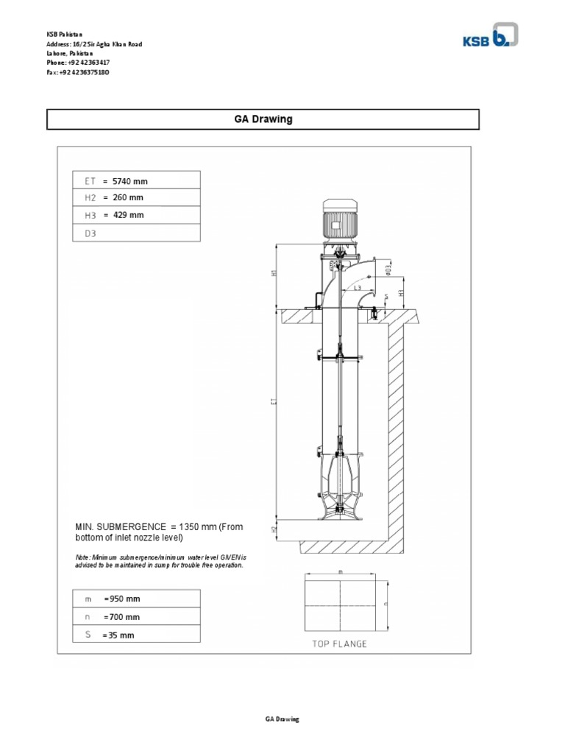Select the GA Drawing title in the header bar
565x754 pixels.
click(263, 119)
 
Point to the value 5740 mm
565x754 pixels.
click(135, 180)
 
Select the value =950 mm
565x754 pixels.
click(122, 599)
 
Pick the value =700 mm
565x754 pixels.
click(122, 617)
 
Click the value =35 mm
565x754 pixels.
click(118, 635)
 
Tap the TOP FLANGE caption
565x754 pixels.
click(339, 644)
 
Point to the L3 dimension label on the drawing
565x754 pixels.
click(357, 288)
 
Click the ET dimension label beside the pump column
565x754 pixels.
click(273, 404)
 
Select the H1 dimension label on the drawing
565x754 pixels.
click(274, 273)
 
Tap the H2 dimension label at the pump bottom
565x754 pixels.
click(274, 529)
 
